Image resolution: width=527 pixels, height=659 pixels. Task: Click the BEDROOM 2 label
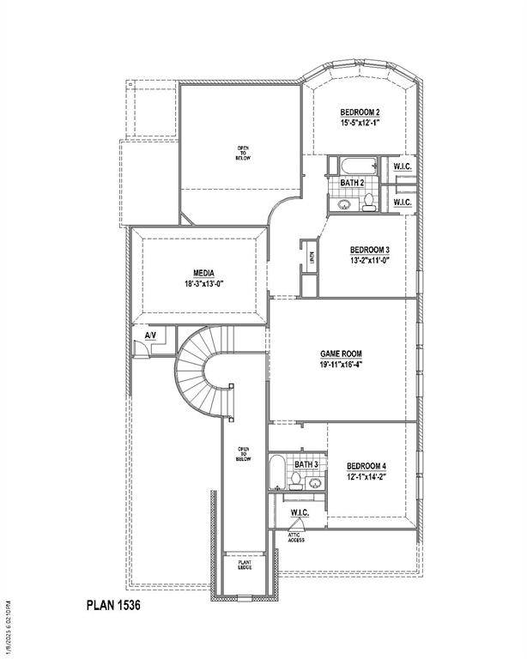pyautogui.click(x=360, y=112)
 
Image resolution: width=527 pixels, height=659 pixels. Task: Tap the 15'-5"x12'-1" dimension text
pyautogui.click(x=360, y=124)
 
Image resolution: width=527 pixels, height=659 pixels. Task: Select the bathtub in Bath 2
pyautogui.click(x=353, y=166)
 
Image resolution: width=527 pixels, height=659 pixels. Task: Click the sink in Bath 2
pyautogui.click(x=343, y=204)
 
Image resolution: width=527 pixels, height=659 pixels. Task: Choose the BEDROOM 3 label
pyautogui.click(x=370, y=250)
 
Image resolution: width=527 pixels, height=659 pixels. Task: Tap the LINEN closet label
pyautogui.click(x=312, y=256)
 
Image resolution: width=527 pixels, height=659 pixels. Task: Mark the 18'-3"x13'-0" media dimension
pyautogui.click(x=203, y=284)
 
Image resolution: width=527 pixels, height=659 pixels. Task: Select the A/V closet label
pyautogui.click(x=150, y=334)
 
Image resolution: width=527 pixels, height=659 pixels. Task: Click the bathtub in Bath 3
pyautogui.click(x=276, y=473)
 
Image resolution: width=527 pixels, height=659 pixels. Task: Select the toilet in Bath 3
pyautogui.click(x=295, y=485)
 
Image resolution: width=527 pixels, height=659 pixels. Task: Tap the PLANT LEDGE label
pyautogui.click(x=245, y=565)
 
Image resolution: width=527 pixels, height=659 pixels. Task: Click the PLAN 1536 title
pyautogui.click(x=113, y=604)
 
